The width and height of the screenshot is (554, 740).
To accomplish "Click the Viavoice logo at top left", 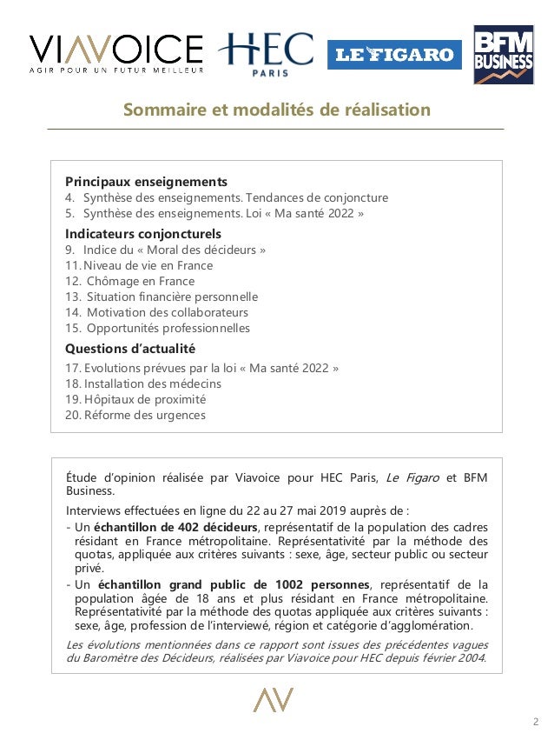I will coord(116,53).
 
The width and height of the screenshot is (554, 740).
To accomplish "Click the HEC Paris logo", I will coord(266,53).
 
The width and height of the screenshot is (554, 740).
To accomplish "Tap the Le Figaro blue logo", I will coord(394,55).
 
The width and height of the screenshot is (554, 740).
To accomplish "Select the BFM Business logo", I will coord(503,54).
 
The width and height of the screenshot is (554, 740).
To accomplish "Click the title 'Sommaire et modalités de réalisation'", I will coord(276,110).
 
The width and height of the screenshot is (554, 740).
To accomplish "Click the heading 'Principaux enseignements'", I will coord(146,182).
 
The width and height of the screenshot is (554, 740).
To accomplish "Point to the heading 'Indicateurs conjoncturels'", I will coord(143,234).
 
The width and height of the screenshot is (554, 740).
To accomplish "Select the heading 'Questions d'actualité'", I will coord(130,349).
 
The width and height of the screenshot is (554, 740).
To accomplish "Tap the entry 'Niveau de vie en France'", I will coord(147,265).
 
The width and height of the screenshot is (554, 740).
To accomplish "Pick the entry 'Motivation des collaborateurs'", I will coord(167,312).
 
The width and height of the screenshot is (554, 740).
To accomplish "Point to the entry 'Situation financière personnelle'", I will coord(172,297).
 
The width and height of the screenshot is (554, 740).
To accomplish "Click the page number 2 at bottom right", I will coord(535,722).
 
